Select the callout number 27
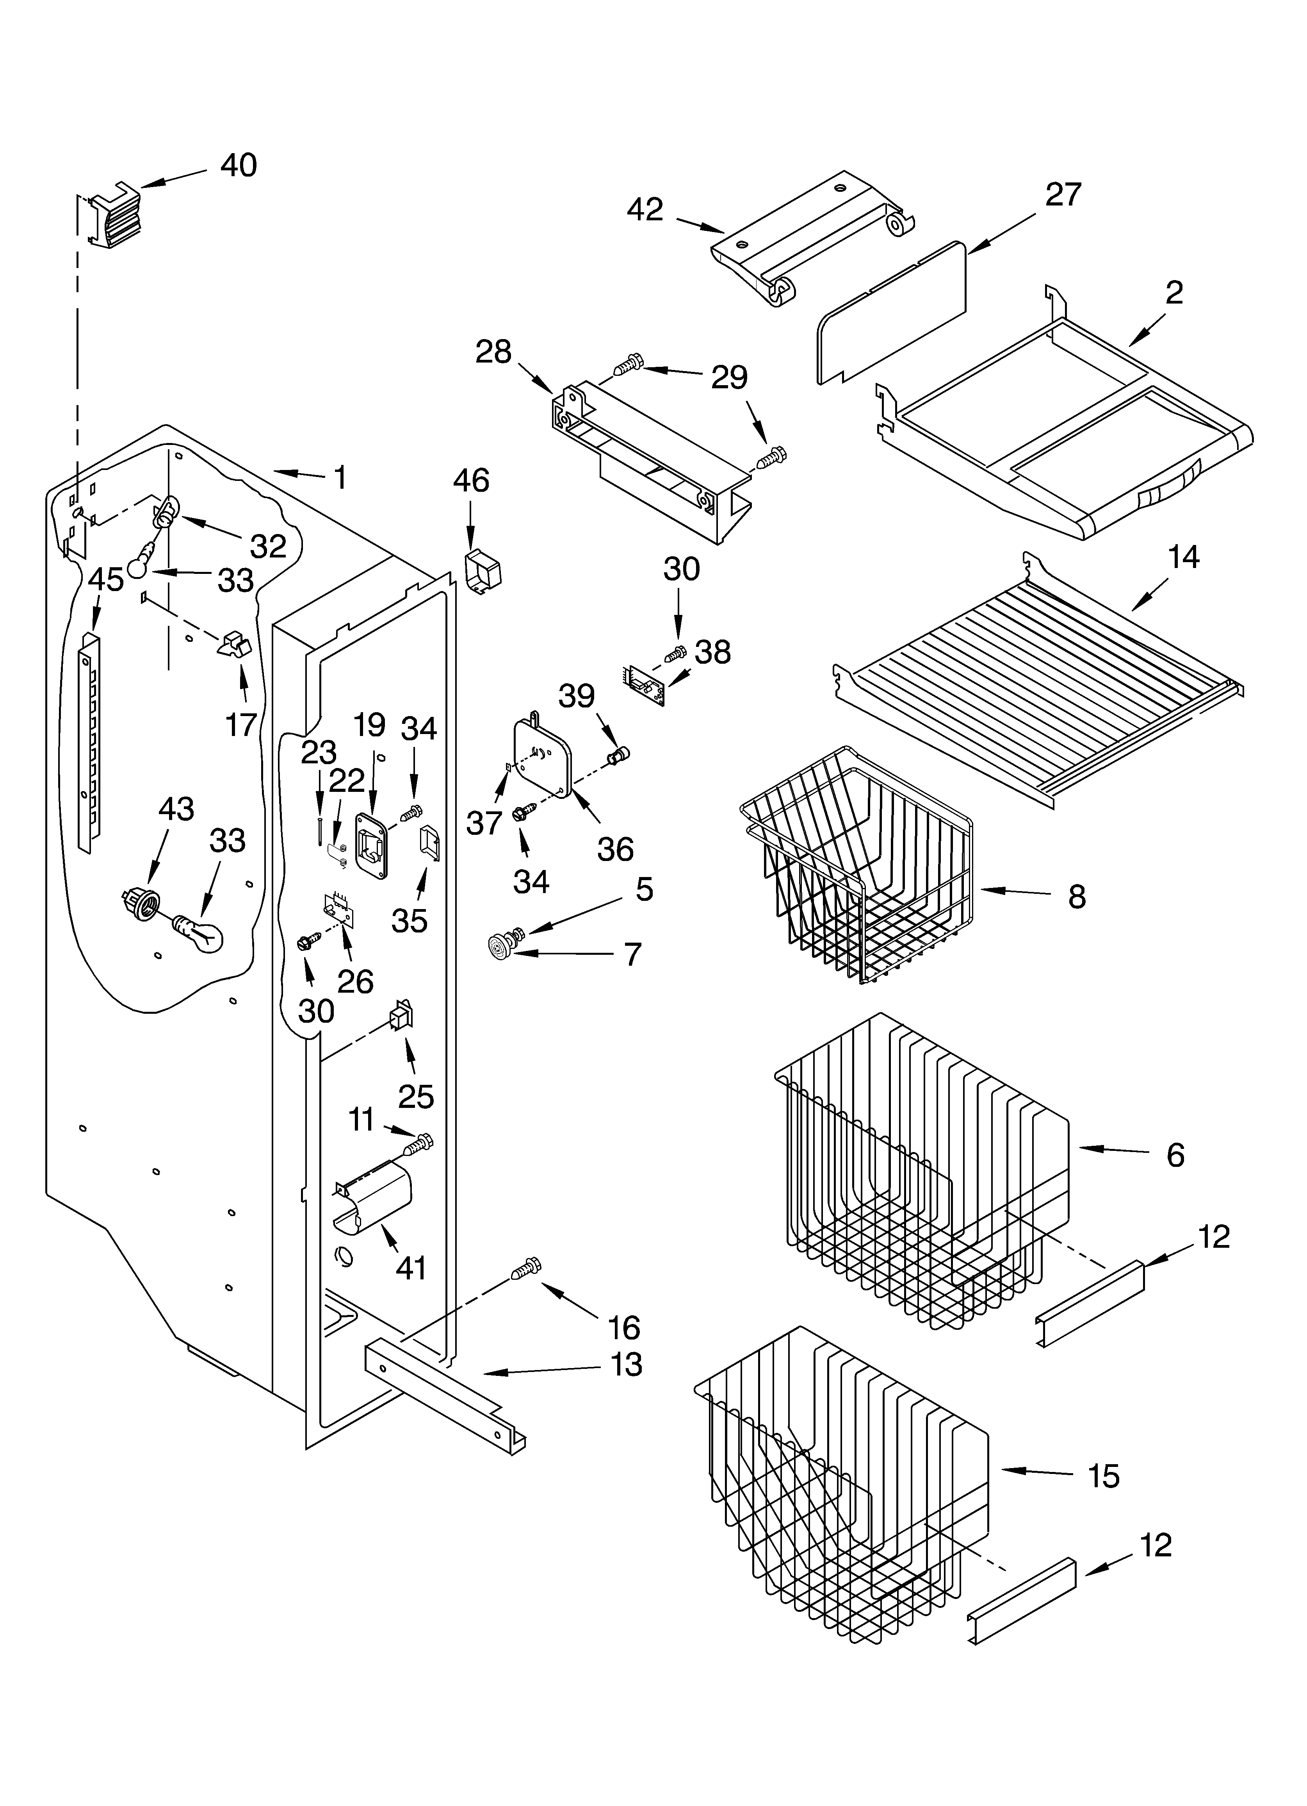point(1063,194)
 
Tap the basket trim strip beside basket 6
point(1090,1306)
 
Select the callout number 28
point(493,352)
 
